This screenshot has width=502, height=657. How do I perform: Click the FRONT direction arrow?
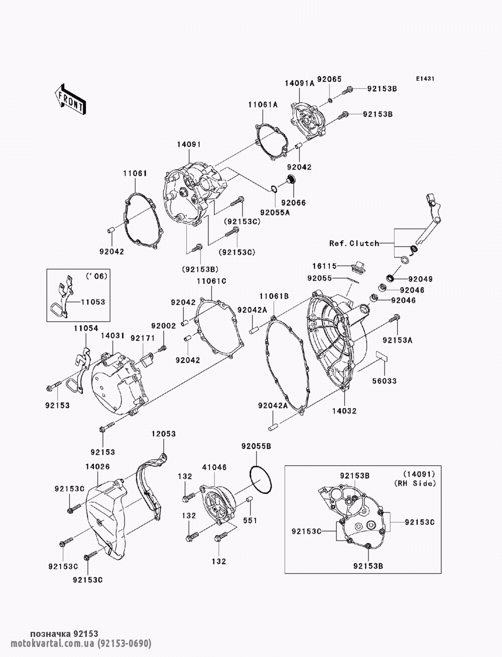coord(70,99)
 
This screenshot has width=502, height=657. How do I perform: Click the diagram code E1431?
coord(425,79)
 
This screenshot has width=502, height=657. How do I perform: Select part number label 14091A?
coord(299,83)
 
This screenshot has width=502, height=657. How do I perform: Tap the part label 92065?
coord(329,79)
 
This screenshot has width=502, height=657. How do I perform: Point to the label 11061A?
coord(263,105)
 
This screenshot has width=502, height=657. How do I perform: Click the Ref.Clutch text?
coord(354,243)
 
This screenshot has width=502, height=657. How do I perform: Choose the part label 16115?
coord(324,266)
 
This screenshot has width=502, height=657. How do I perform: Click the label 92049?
coord(421,279)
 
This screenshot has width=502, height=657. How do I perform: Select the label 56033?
coord(385,381)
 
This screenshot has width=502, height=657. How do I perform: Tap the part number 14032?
coord(344,411)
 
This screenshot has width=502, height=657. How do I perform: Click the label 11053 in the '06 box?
coord(93,302)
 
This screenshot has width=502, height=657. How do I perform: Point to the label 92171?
coord(143,338)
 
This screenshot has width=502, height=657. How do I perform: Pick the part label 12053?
coord(164,434)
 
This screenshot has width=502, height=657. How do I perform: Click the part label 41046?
coord(214,467)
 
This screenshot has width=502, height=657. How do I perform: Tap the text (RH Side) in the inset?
coord(415,483)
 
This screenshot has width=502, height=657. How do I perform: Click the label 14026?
coord(97,467)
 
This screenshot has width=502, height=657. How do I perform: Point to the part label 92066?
coord(294,203)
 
